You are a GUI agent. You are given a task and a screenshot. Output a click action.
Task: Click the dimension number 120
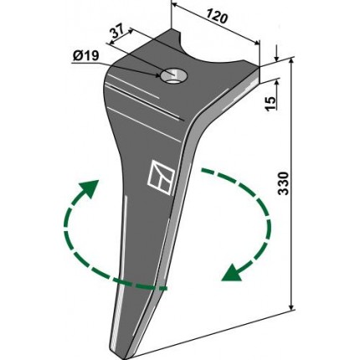point(218,17)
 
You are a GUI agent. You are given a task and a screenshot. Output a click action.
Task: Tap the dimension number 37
point(118,33)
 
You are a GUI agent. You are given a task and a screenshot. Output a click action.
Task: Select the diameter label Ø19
point(85,56)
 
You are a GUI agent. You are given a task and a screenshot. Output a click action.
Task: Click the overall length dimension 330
point(283,183)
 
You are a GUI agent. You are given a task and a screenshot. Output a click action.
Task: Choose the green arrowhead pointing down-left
point(232,273)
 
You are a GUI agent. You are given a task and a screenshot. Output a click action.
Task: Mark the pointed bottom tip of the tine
point(123,357)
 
